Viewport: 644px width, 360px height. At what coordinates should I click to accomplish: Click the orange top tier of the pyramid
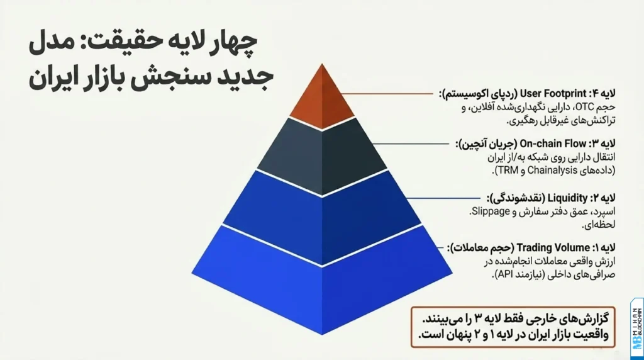pos(322,101)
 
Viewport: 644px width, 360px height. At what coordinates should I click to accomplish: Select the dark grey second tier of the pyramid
pos(322,156)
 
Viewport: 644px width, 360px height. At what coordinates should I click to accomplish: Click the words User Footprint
pos(548,94)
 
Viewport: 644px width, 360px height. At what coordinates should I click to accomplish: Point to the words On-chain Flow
pos(553,144)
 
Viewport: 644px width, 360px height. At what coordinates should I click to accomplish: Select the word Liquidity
pos(568,198)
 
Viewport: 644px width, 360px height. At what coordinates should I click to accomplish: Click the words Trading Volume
pos(553,248)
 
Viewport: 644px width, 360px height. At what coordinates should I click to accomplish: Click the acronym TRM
pos(507,170)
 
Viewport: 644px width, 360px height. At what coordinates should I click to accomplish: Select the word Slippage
pos(491,211)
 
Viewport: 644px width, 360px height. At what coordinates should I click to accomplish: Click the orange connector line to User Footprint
pos(387,94)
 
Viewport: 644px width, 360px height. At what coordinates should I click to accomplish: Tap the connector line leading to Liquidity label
pos(438,198)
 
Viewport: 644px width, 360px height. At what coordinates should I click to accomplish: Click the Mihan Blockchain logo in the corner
pos(636,329)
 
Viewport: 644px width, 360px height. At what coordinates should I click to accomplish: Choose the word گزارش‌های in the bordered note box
pos(586,318)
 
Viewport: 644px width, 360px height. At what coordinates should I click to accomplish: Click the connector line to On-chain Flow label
pos(411,144)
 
